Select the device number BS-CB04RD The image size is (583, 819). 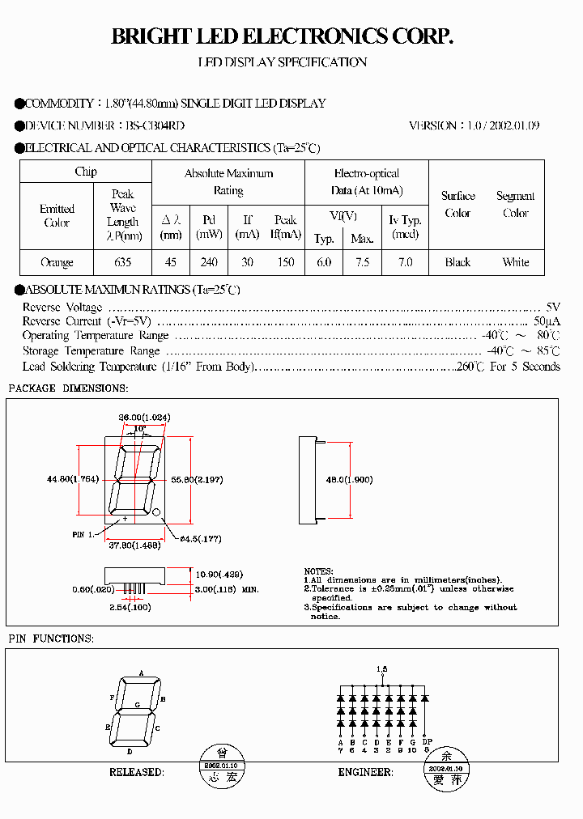coord(155,125)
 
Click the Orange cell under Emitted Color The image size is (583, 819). coord(57,262)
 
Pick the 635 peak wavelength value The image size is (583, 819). coord(122,262)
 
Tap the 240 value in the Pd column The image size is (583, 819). coord(209,262)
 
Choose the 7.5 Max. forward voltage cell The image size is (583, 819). coord(362,262)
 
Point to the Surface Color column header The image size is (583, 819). coord(457,205)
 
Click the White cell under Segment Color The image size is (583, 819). coord(515,262)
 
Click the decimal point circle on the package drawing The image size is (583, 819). coord(157,511)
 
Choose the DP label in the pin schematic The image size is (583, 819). coord(427,742)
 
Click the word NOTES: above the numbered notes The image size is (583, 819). coord(318,571)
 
